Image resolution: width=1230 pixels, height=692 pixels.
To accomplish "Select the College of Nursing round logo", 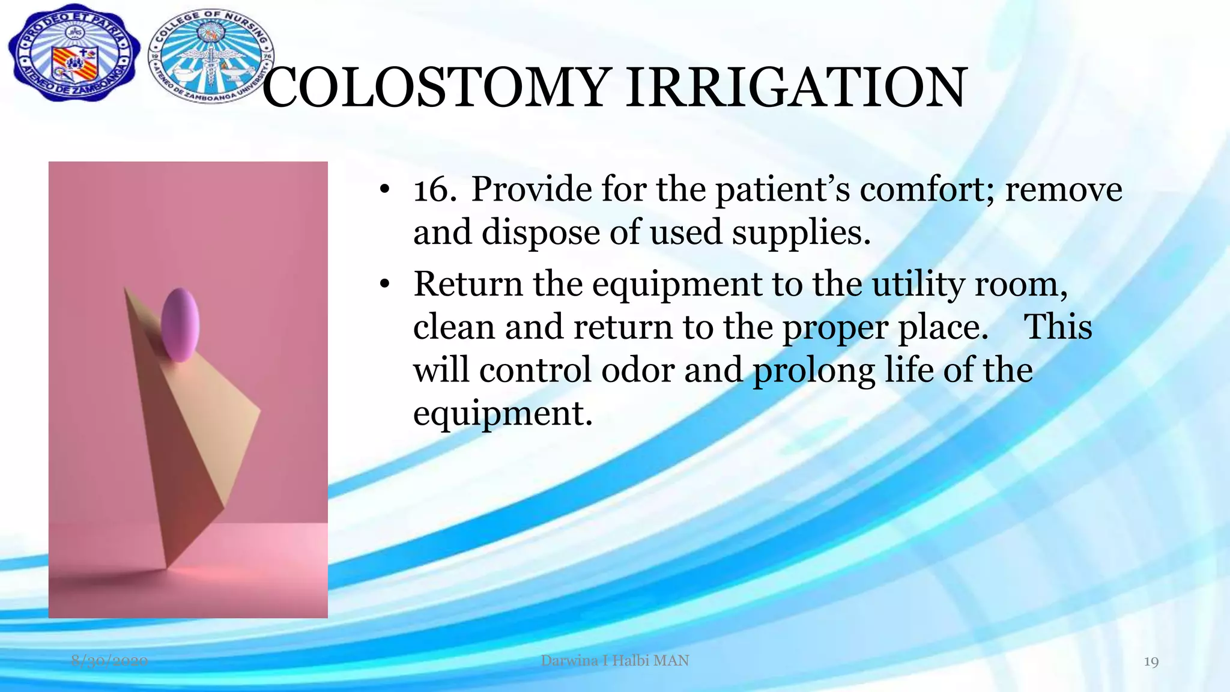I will [x=210, y=55].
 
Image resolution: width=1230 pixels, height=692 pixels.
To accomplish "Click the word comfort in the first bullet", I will [x=928, y=190].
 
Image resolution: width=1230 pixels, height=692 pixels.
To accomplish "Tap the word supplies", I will [x=800, y=233].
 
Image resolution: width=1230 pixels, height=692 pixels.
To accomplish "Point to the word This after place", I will [x=1058, y=327].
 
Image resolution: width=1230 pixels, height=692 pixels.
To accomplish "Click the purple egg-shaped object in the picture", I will [x=180, y=325].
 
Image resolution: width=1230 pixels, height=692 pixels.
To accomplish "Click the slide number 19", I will [x=1151, y=662].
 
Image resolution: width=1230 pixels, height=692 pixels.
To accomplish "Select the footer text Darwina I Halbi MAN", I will [x=614, y=661].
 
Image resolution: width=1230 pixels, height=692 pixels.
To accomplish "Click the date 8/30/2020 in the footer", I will [x=109, y=661].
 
